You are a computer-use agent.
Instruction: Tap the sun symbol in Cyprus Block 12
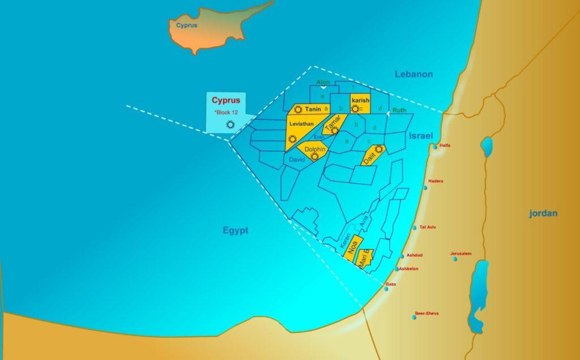[230, 125]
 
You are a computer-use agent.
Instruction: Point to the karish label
[360, 100]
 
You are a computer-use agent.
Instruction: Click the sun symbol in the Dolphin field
[314, 157]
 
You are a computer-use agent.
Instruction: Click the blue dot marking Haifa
[435, 147]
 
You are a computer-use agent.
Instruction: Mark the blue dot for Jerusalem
[453, 260]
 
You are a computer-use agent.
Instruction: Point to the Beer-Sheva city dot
[415, 317]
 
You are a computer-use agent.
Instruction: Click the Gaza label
[390, 284]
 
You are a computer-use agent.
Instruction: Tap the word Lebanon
[414, 74]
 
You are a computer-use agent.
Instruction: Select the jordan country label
[543, 213]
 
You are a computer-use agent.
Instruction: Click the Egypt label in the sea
[236, 230]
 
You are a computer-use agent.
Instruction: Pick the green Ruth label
[399, 110]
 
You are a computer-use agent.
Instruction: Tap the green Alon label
[323, 82]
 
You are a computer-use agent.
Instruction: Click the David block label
[297, 160]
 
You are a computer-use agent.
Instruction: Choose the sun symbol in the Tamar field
[335, 131]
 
